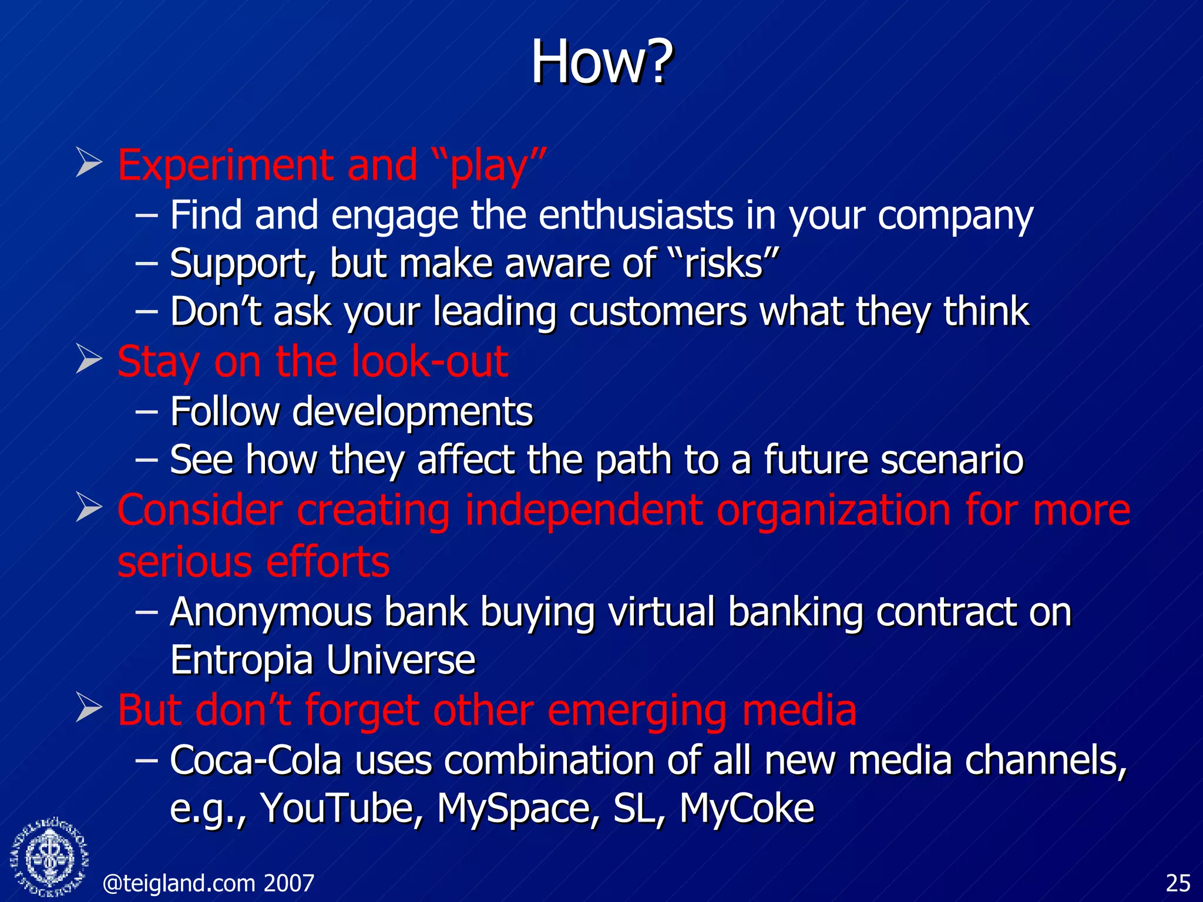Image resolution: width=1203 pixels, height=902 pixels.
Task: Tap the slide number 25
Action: pyautogui.click(x=1178, y=883)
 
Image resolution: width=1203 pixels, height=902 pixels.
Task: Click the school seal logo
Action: pyautogui.click(x=50, y=857)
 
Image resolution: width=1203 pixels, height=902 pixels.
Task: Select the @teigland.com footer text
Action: pyautogui.click(x=208, y=883)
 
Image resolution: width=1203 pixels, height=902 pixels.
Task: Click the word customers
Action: pyautogui.click(x=658, y=311)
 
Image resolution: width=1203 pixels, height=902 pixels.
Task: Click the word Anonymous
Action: pyautogui.click(x=271, y=612)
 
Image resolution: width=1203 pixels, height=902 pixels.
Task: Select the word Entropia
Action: pyautogui.click(x=241, y=660)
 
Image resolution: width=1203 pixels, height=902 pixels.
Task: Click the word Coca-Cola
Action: pyautogui.click(x=256, y=760)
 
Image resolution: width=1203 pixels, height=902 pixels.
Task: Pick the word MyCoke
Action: pyautogui.click(x=747, y=808)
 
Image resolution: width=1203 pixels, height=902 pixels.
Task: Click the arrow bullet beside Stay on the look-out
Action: pyautogui.click(x=89, y=360)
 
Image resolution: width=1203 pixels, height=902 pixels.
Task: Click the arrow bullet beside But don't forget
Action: pyautogui.click(x=89, y=709)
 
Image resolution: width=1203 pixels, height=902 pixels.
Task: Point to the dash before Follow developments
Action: pyautogui.click(x=146, y=412)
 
